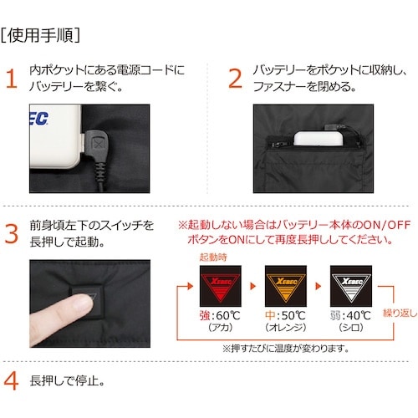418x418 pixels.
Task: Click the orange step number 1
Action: pos(11,79)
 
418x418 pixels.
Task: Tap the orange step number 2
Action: pos(235,79)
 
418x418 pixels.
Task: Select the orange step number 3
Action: pos(11,233)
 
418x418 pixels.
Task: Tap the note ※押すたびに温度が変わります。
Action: pos(284,348)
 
